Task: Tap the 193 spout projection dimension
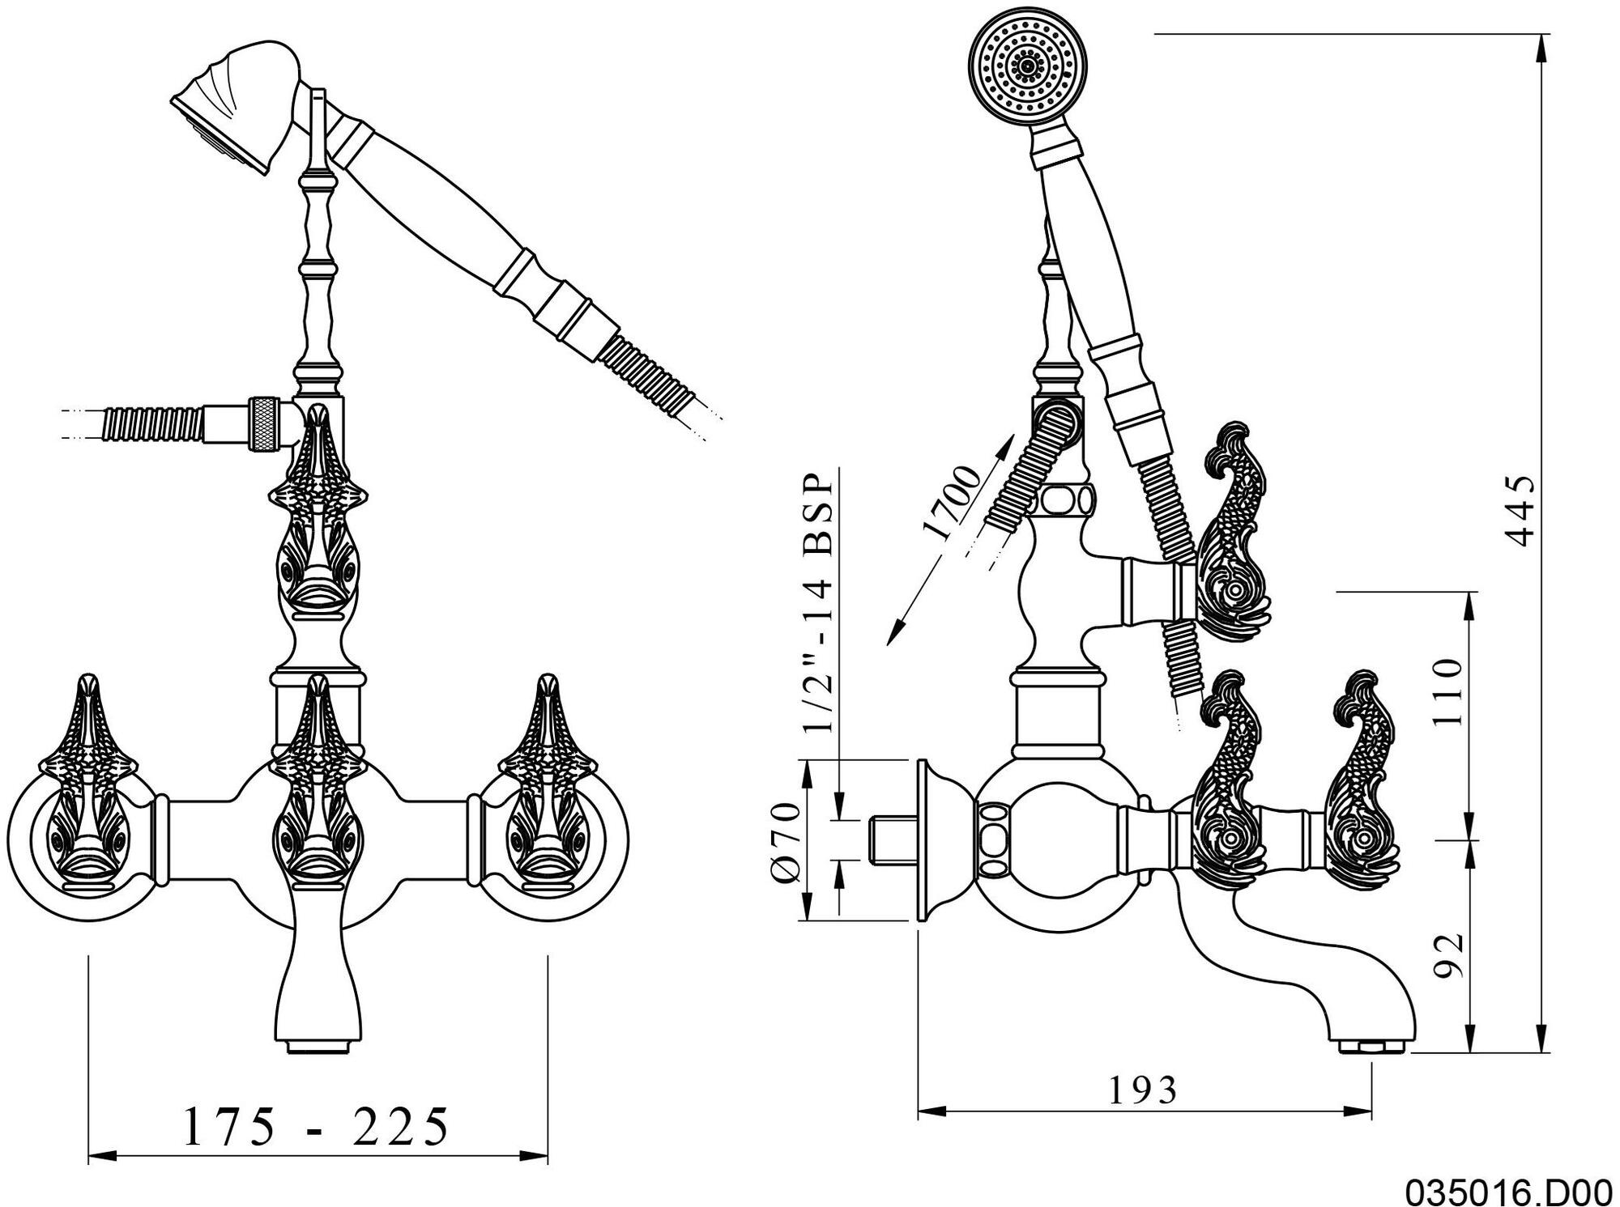tap(1142, 1090)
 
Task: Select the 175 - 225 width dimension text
tap(317, 1126)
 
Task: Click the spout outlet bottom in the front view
tap(317, 1048)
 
